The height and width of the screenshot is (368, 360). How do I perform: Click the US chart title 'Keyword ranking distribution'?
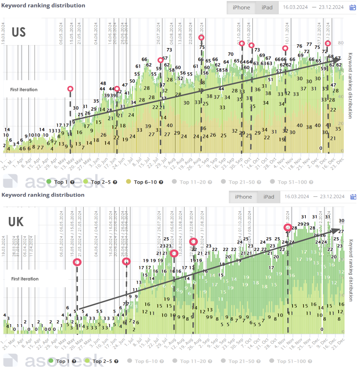coord(43,6)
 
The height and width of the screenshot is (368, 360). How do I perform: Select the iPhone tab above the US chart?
coord(241,8)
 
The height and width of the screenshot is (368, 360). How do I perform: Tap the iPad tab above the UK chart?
coord(269,197)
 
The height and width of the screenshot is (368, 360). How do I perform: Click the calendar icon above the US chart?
coord(352,7)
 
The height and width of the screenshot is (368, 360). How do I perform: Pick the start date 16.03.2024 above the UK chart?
coord(296,197)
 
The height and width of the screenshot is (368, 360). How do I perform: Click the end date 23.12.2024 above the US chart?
coord(331,7)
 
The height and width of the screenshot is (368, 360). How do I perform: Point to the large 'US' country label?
coord(18,32)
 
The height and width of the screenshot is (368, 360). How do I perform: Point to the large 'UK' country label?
coord(16,222)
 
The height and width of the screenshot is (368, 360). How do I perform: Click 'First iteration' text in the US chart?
coord(24,90)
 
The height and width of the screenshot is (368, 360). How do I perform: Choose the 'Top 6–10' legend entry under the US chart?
coord(145,182)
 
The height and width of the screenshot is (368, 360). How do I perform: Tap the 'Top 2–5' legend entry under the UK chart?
coord(102,361)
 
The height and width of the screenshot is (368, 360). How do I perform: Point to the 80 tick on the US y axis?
coord(341,43)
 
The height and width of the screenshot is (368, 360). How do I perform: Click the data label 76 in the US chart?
coord(299,46)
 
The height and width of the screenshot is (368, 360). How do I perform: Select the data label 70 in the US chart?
coord(231,54)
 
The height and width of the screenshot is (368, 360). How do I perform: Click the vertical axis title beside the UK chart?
coord(350,270)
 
